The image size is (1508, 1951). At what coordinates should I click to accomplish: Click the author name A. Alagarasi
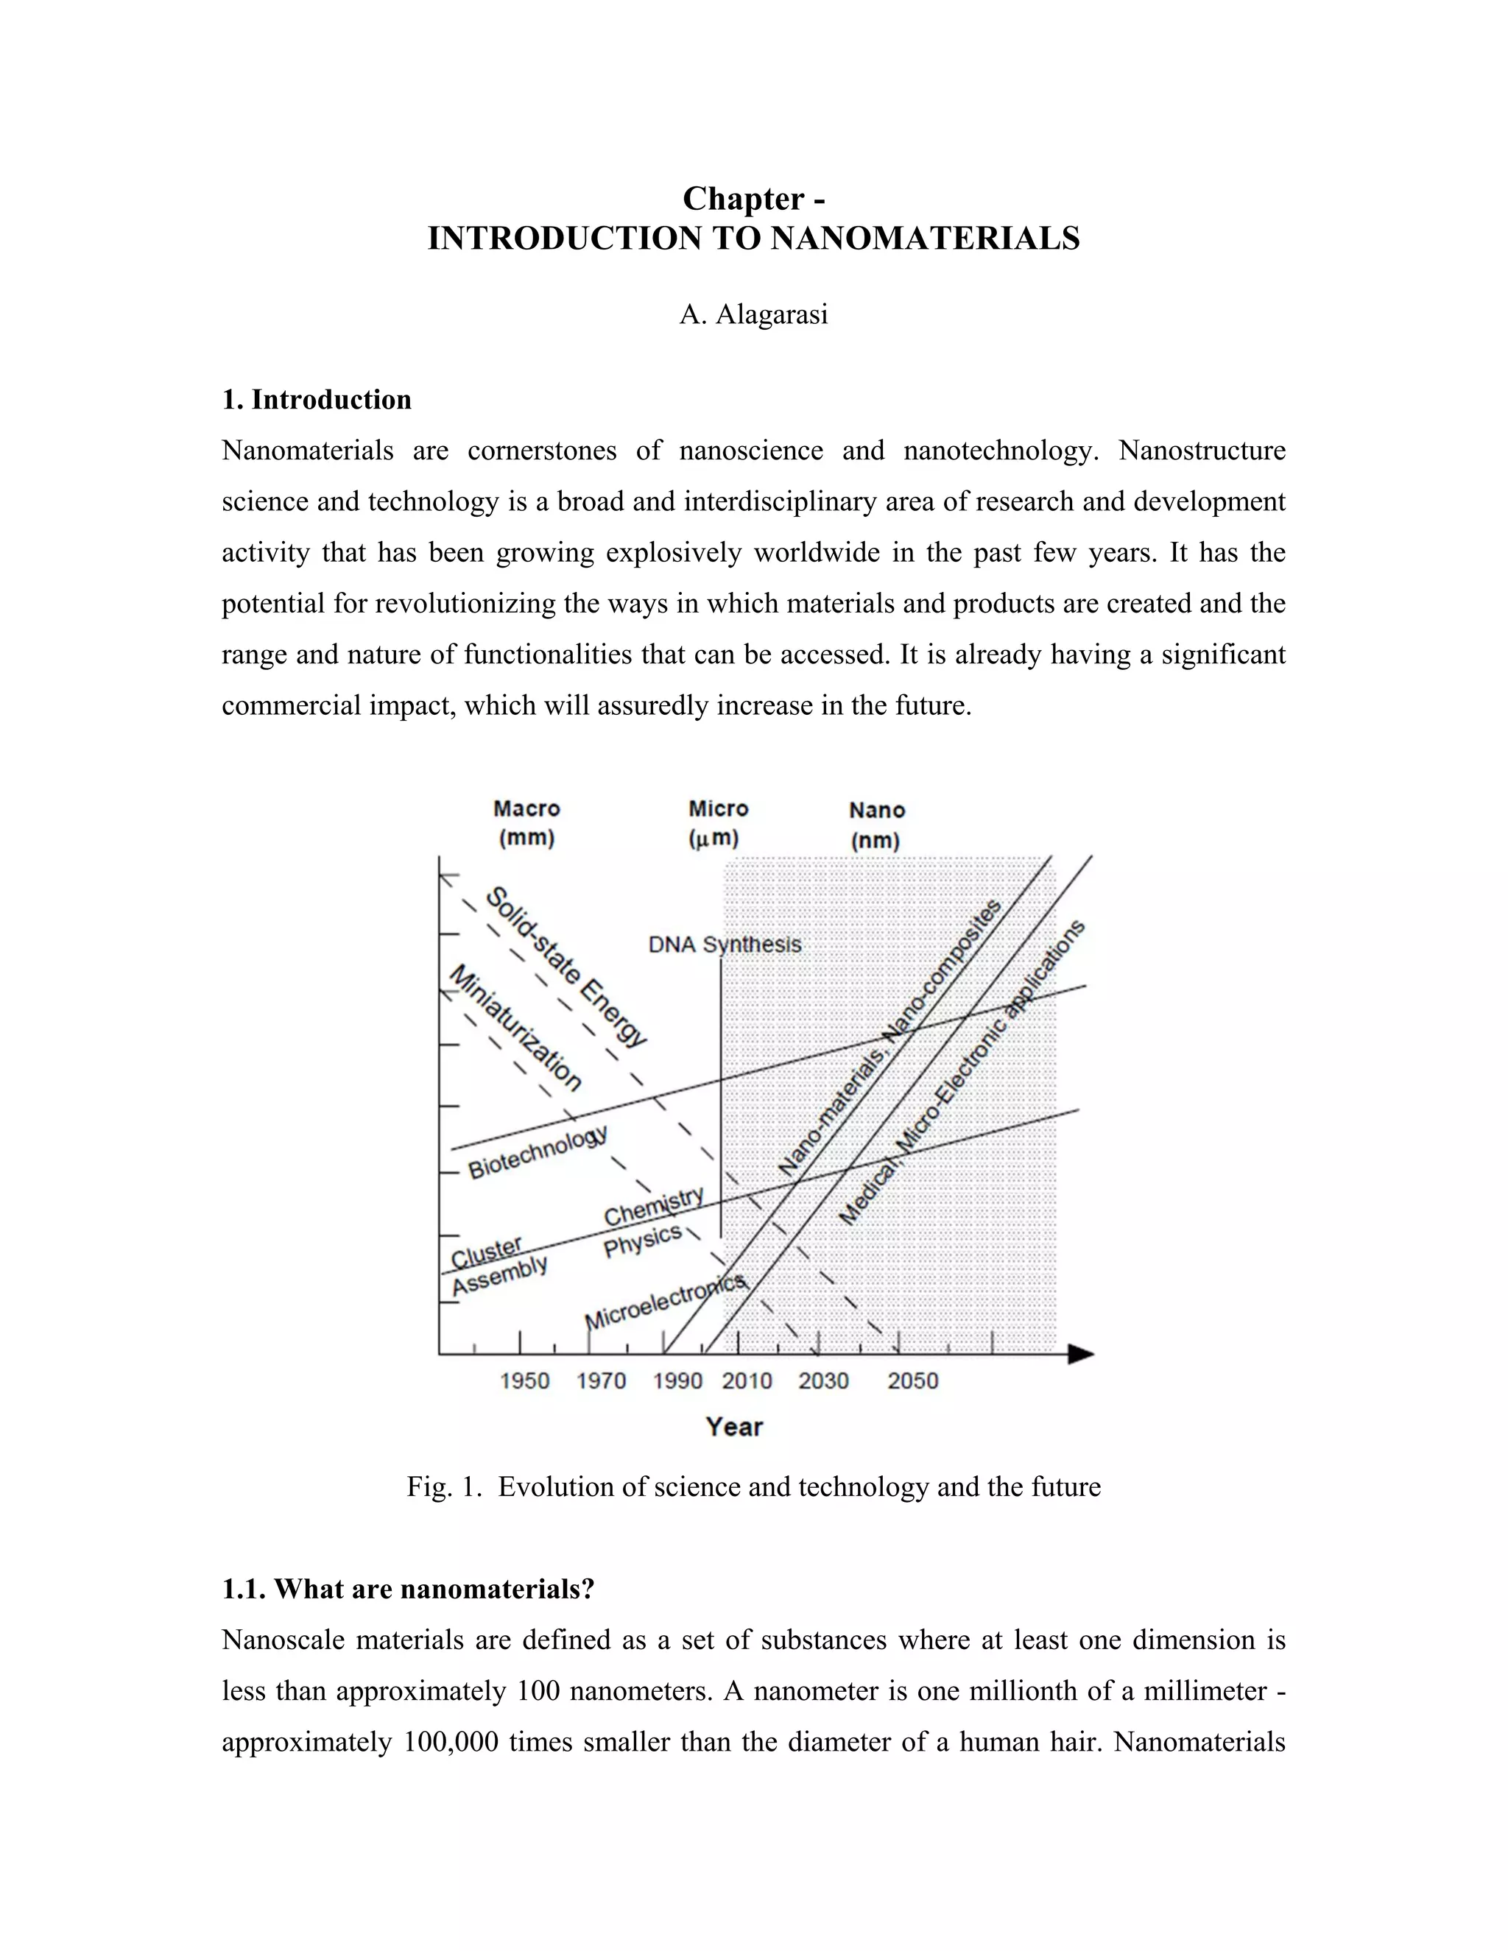(x=753, y=314)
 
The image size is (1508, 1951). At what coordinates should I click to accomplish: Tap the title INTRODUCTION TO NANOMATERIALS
(x=753, y=239)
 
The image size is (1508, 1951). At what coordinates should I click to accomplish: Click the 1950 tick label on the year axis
(x=524, y=1380)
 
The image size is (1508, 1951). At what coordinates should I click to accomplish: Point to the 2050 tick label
(x=912, y=1380)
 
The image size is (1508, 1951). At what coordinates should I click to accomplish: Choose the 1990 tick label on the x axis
(x=677, y=1380)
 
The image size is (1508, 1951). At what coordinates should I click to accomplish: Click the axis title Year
(x=734, y=1427)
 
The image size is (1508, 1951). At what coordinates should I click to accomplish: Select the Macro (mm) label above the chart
(x=526, y=823)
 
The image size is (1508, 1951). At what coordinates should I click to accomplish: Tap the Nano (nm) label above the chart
(x=876, y=825)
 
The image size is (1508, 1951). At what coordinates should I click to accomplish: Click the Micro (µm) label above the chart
(x=717, y=823)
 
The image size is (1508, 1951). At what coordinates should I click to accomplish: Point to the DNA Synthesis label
(x=725, y=945)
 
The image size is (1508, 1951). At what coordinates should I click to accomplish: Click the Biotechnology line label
(x=538, y=1151)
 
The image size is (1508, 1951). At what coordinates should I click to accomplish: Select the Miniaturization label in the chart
(x=515, y=1027)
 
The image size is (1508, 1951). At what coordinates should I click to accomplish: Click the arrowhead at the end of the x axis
(x=1081, y=1353)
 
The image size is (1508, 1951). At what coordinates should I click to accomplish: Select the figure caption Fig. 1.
(x=753, y=1486)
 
